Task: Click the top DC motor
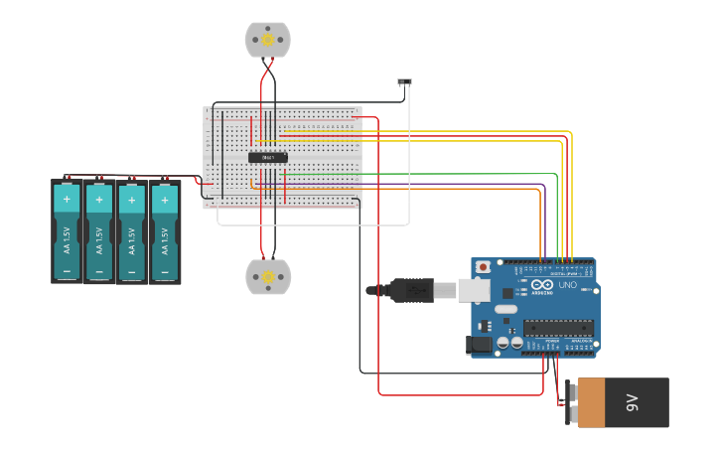tap(267, 40)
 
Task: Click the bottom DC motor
tap(268, 277)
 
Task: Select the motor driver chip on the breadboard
tap(268, 157)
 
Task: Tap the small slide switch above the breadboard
tap(404, 81)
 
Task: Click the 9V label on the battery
tap(632, 402)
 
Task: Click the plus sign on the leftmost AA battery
tap(67, 199)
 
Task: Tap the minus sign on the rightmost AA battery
tap(165, 270)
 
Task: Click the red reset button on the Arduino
tap(484, 267)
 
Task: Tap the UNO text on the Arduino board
tap(567, 286)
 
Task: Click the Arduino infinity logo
tap(541, 284)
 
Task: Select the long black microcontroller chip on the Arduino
tap(558, 327)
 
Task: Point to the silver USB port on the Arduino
tap(474, 290)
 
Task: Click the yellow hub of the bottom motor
tap(268, 277)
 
